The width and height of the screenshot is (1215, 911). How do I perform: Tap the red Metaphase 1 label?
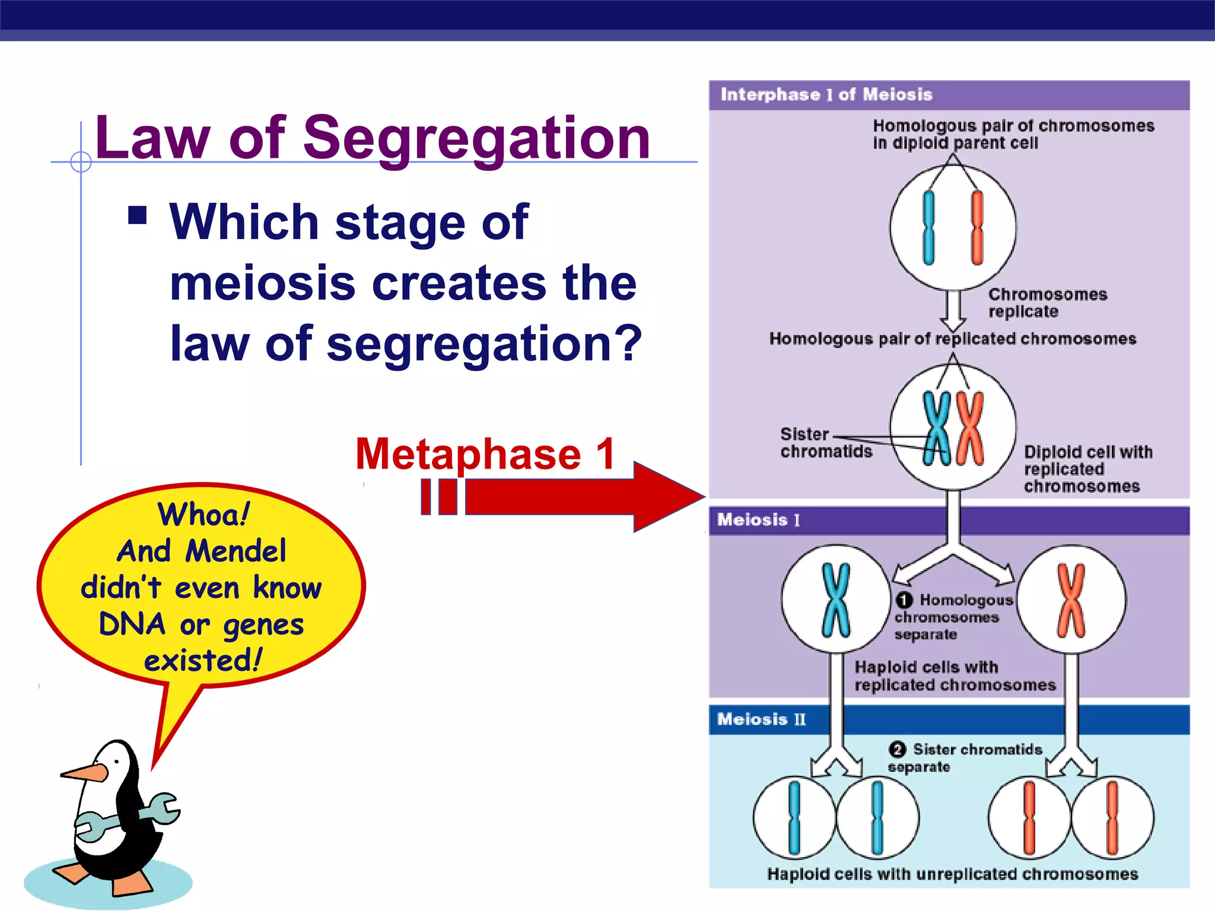coord(485,454)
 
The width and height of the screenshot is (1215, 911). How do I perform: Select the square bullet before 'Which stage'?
coord(138,215)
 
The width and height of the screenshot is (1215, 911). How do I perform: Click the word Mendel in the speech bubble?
coord(236,552)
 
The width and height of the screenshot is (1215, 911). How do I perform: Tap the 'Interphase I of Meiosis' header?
coord(826,95)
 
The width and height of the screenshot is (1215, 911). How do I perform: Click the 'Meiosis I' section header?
coord(758,520)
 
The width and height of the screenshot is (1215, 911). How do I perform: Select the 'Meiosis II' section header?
coord(761,719)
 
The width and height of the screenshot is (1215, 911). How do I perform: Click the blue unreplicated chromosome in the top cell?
coord(928,228)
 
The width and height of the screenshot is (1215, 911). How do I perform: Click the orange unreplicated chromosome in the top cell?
coord(977,228)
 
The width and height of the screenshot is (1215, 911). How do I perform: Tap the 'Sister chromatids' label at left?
coord(825,443)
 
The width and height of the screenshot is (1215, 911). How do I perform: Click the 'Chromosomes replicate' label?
coord(1047,303)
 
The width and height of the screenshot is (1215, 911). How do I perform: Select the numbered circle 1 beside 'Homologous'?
coord(904,600)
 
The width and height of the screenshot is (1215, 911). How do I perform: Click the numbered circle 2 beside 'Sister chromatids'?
coord(898,750)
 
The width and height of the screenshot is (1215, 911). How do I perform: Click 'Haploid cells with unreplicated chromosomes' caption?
coord(952,874)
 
